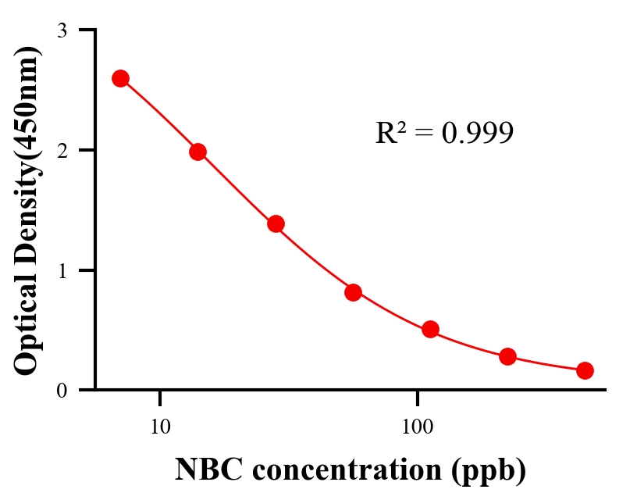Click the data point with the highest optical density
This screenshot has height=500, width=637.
[x=120, y=78]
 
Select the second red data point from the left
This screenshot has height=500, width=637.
[x=198, y=152]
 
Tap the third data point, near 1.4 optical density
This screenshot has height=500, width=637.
[x=276, y=223]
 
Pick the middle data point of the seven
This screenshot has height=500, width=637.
[x=353, y=292]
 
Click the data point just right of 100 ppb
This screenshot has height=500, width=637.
[x=430, y=329]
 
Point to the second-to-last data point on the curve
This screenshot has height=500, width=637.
[x=507, y=356]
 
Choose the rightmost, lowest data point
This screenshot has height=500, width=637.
[x=585, y=370]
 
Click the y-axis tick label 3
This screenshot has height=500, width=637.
[x=62, y=30]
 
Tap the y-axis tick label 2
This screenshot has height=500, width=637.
[x=62, y=150]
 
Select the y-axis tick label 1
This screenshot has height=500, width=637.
[x=62, y=270]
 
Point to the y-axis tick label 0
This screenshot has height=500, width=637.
[x=62, y=390]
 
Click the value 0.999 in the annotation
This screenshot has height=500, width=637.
[x=478, y=134]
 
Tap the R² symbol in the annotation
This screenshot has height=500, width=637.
[x=390, y=134]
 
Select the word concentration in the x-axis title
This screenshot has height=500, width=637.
[x=340, y=470]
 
